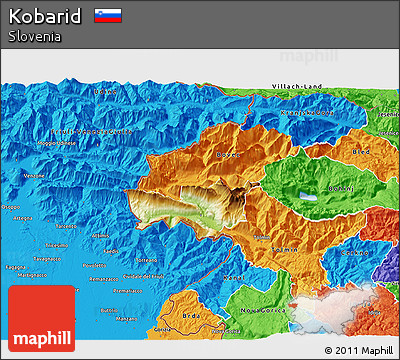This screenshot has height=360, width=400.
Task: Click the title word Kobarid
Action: pos(46,16)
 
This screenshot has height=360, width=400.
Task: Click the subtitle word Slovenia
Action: pos(32,37)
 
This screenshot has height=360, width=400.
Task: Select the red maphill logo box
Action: pos(41,319)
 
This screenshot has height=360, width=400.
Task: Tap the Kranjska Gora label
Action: pos(306,113)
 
